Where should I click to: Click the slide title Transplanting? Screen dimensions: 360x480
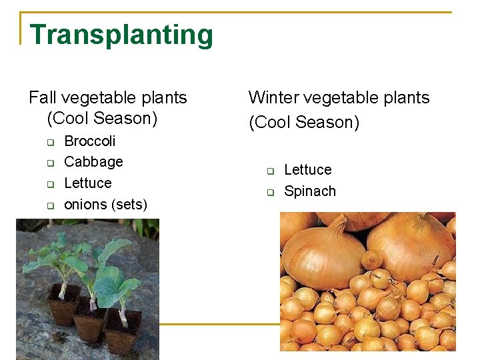[121, 35]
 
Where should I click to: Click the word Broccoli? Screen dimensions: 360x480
[89, 141]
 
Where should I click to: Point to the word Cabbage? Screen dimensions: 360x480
[93, 162]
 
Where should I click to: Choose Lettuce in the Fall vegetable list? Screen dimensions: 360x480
[87, 183]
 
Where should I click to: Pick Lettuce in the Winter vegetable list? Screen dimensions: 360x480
[307, 170]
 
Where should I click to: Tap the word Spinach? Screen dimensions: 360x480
[309, 191]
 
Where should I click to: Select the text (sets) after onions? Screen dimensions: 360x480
[130, 205]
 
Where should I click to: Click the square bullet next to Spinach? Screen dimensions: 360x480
[271, 193]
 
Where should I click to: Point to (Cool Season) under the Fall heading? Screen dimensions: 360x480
[102, 119]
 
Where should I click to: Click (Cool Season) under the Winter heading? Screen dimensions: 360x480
[304, 123]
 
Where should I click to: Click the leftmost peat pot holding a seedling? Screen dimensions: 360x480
[65, 305]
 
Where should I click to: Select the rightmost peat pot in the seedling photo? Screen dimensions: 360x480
[124, 330]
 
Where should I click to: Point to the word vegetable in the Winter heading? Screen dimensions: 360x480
[337, 98]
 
